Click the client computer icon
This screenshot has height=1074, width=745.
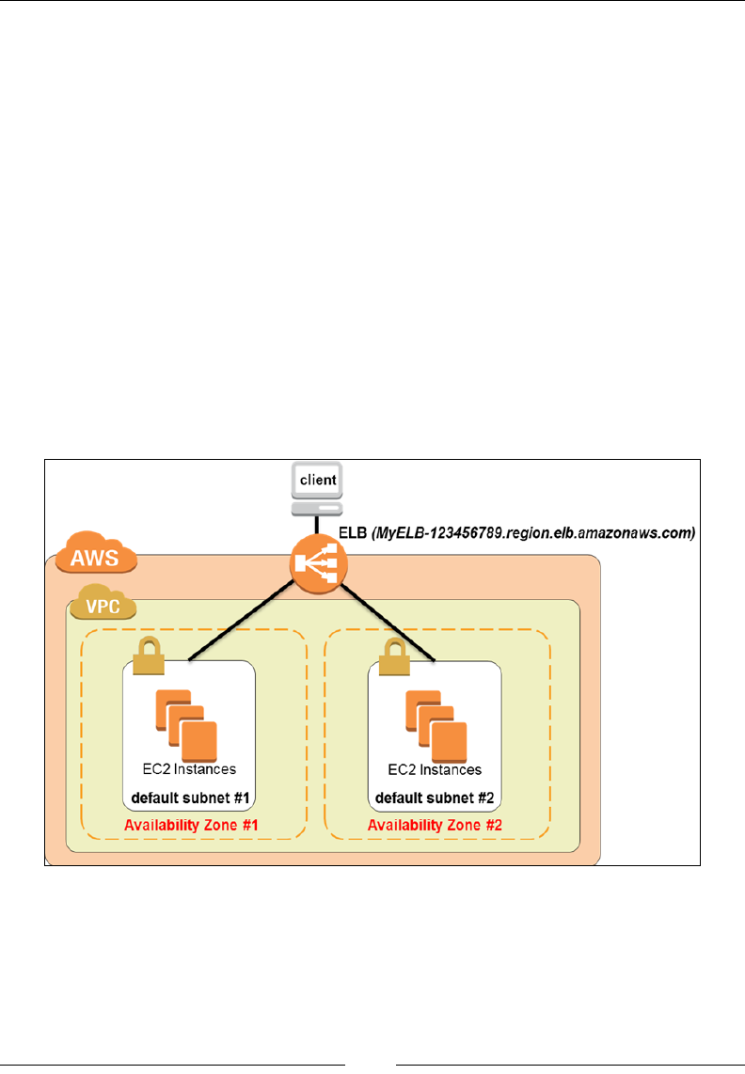[x=317, y=489]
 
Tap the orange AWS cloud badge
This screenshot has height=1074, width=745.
[x=95, y=552]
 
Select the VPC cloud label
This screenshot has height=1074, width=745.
[x=103, y=602]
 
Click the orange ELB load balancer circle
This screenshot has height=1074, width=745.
[x=318, y=564]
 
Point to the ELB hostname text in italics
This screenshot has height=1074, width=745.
[x=533, y=533]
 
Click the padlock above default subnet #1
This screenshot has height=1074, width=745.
[x=149, y=655]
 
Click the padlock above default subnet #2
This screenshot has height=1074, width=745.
[x=394, y=656]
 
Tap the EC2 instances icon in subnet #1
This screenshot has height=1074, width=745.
[x=186, y=725]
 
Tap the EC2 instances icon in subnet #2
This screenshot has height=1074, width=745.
[x=436, y=726]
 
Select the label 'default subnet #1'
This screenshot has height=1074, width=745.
[x=190, y=798]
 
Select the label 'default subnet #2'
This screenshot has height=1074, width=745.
[x=435, y=798]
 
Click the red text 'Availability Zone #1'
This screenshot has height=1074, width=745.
[x=191, y=826]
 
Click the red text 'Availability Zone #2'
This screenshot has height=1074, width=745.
[x=436, y=826]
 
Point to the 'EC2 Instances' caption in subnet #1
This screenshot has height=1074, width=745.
[x=189, y=769]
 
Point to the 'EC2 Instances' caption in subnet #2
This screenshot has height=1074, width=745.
[x=435, y=770]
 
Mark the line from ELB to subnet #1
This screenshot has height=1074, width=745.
[x=242, y=622]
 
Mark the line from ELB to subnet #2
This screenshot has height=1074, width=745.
[x=388, y=623]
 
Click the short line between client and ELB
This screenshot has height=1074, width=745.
[x=317, y=526]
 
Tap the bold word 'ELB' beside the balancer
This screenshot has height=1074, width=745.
[x=353, y=533]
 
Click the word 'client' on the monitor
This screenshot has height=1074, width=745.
[x=318, y=481]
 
